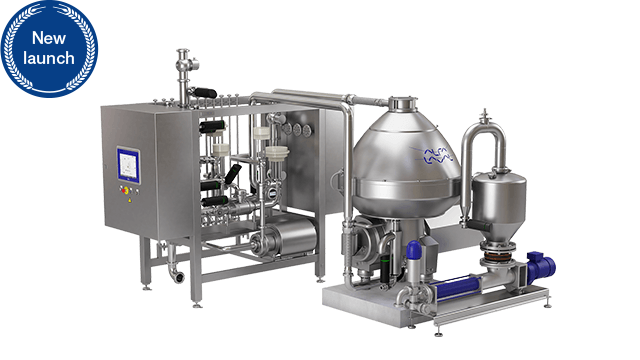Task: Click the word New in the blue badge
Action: (x=49, y=38)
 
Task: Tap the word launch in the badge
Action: (x=49, y=58)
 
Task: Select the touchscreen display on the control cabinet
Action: (x=129, y=165)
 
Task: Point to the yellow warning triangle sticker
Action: (x=130, y=200)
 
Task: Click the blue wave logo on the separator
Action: (x=438, y=156)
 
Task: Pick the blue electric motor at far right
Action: (x=541, y=267)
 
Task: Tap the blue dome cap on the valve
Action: (x=413, y=250)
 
